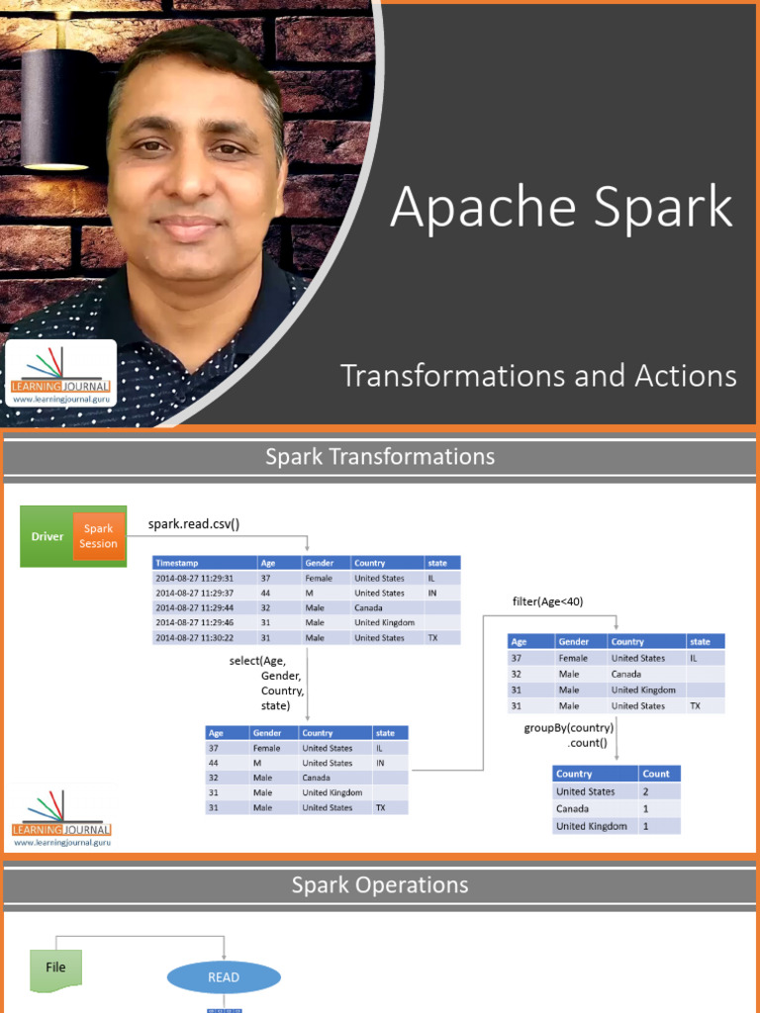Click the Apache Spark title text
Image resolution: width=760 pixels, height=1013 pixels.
[561, 208]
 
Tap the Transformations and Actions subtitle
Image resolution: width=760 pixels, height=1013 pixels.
[538, 376]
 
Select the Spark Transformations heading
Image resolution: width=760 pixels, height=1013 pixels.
[380, 457]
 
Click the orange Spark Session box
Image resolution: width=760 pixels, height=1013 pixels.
[98, 536]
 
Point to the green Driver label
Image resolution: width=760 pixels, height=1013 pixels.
[47, 536]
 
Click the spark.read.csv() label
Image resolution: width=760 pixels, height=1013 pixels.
[194, 523]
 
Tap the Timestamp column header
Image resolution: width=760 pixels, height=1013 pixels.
[176, 562]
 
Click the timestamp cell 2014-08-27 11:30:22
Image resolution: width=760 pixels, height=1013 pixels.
[195, 638]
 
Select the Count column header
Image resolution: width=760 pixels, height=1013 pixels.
[656, 774]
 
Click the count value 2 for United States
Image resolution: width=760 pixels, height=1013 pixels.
[646, 791]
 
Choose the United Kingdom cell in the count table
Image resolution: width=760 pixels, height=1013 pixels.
[592, 826]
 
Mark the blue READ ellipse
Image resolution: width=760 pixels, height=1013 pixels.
[224, 977]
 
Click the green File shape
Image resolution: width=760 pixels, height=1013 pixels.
[55, 967]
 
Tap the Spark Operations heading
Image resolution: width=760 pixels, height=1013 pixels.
[380, 885]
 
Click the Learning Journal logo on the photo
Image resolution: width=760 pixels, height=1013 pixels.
[61, 374]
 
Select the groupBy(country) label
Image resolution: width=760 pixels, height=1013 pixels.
[569, 729]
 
